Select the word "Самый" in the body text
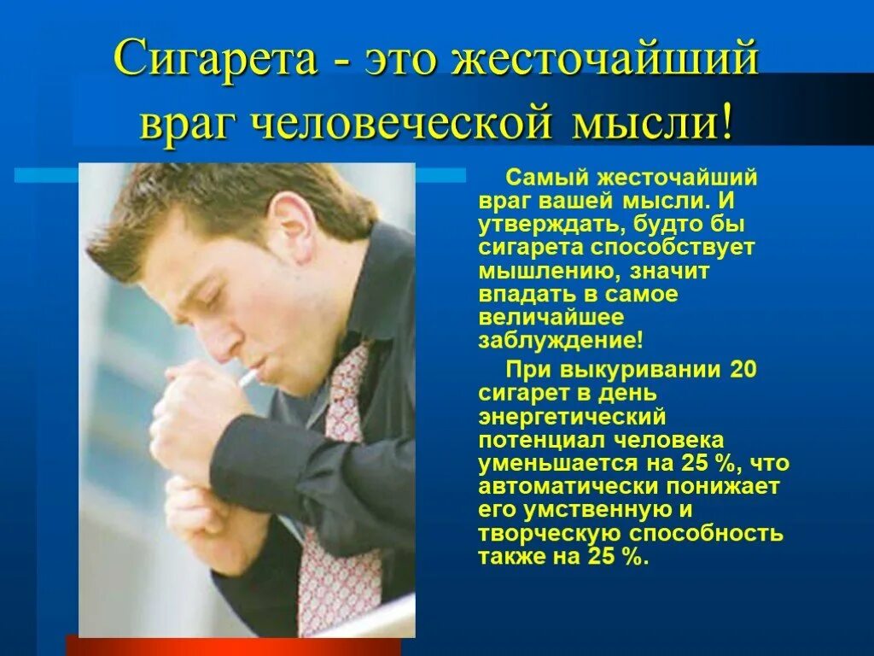point(544,179)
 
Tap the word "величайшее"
point(551,317)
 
